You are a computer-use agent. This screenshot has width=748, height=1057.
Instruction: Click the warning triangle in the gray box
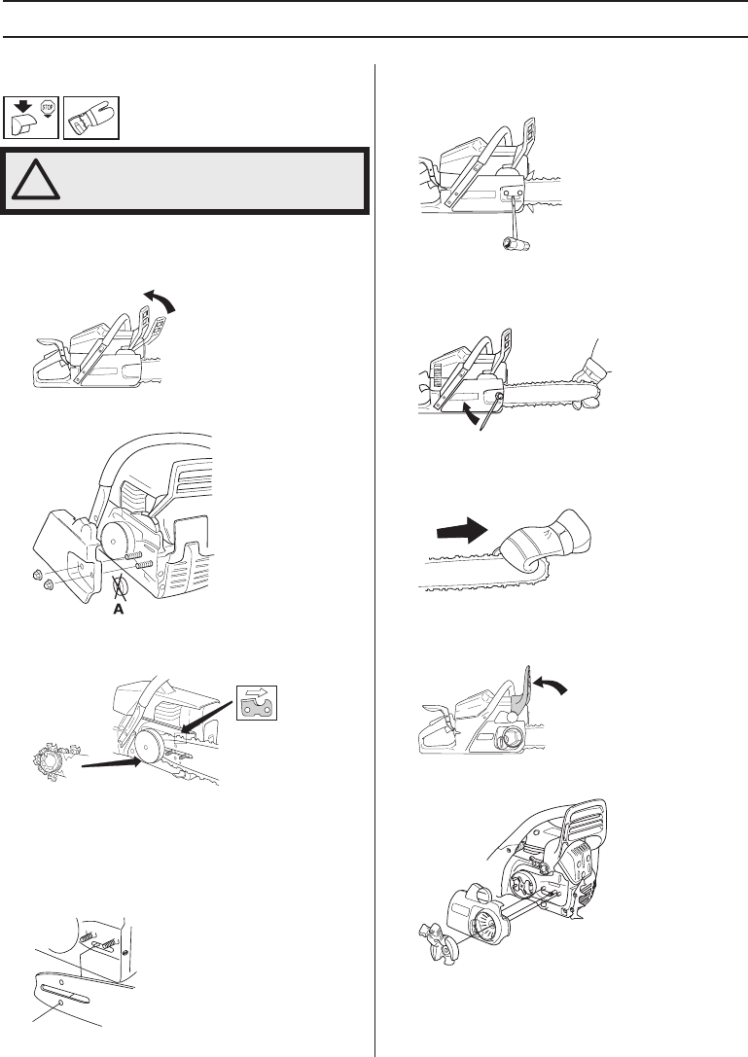tap(35, 180)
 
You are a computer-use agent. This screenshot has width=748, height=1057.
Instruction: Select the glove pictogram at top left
tap(91, 118)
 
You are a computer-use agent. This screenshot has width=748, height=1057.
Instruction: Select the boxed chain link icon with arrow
tap(256, 702)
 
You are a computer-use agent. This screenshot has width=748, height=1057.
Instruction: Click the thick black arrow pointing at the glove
tap(462, 531)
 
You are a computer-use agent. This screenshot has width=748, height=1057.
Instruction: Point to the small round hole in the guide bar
tap(60, 1004)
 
